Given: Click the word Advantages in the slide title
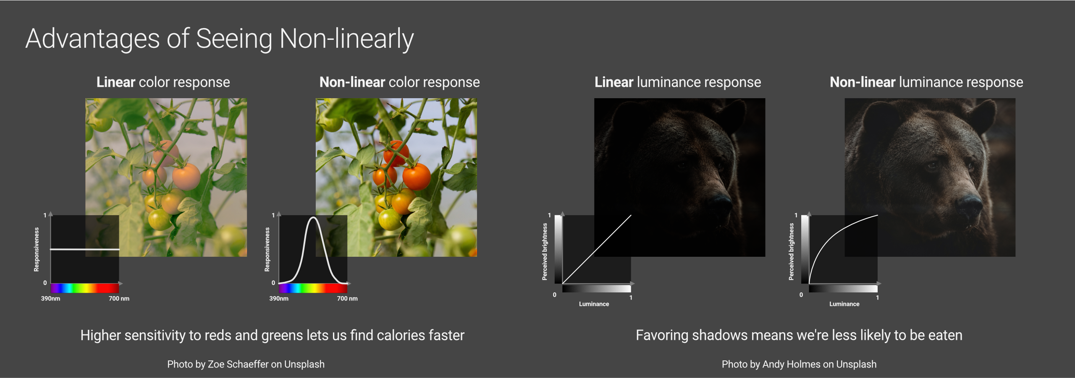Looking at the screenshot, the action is coord(92,39).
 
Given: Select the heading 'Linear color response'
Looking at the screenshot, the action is coord(163,82).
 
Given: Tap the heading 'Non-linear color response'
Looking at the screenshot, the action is coord(399,82).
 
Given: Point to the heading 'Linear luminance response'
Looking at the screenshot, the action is coord(678,82).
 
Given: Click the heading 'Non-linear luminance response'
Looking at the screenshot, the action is coord(926,82).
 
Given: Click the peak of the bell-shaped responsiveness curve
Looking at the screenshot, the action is coord(313,217).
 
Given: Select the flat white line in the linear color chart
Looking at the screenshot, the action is coord(85,249).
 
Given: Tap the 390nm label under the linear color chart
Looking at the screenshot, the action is coord(50,299).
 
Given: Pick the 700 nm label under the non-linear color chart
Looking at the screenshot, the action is coord(347,299).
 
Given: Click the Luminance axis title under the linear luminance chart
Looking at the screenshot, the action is coord(594,304).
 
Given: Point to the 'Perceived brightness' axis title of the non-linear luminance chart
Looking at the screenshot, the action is coord(791,251).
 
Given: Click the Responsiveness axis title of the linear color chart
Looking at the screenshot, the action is coord(37,249).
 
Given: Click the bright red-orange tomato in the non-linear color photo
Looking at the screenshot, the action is coord(417,176).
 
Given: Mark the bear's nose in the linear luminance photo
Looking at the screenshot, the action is coord(721,203).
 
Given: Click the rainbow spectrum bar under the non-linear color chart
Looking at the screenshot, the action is coord(313,288).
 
